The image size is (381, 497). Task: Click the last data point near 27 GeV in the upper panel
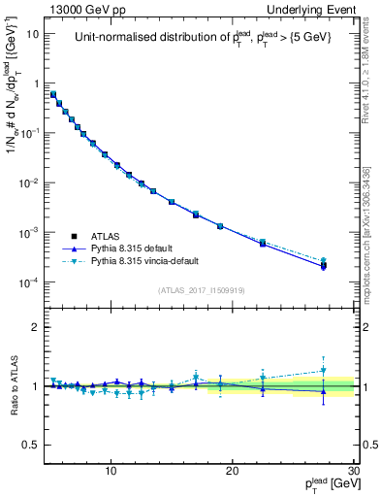(323, 265)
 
